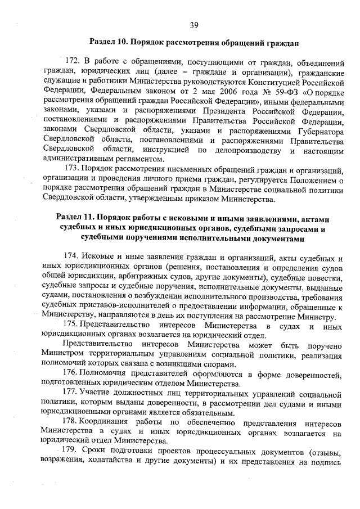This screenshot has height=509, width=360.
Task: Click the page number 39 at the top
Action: point(193,24)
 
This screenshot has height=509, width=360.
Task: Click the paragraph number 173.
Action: point(73,169)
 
